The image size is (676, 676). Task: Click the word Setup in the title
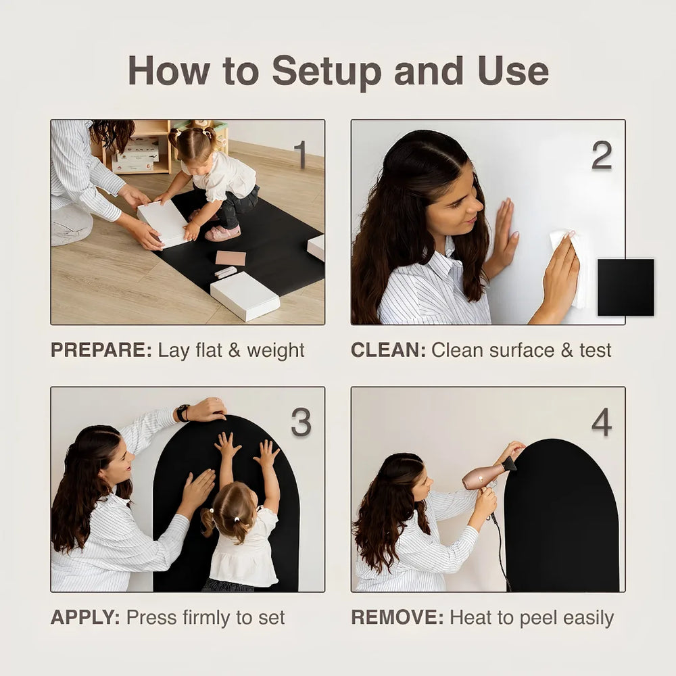tap(327, 72)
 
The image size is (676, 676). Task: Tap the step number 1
tap(300, 154)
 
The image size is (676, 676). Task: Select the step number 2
tap(602, 155)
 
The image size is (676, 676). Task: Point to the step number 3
tap(301, 422)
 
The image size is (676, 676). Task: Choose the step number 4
tap(602, 422)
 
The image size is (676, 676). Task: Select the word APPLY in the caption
tap(85, 617)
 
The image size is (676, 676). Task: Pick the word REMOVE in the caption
tap(397, 617)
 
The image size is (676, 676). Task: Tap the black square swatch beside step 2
tap(625, 287)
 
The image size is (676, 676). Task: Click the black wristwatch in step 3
tap(183, 413)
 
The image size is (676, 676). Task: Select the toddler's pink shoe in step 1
tap(222, 234)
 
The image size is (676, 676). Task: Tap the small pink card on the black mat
tap(231, 258)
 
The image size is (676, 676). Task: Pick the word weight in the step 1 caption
tap(276, 350)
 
